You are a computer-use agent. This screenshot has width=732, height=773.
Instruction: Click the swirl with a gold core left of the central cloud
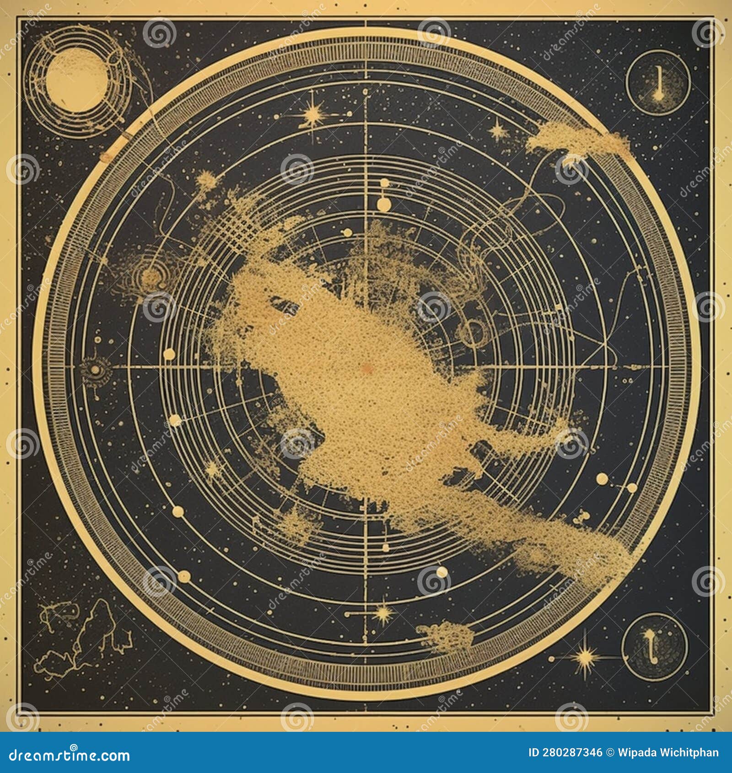(150, 275)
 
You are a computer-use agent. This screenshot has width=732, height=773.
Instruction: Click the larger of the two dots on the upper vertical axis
(383, 201)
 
